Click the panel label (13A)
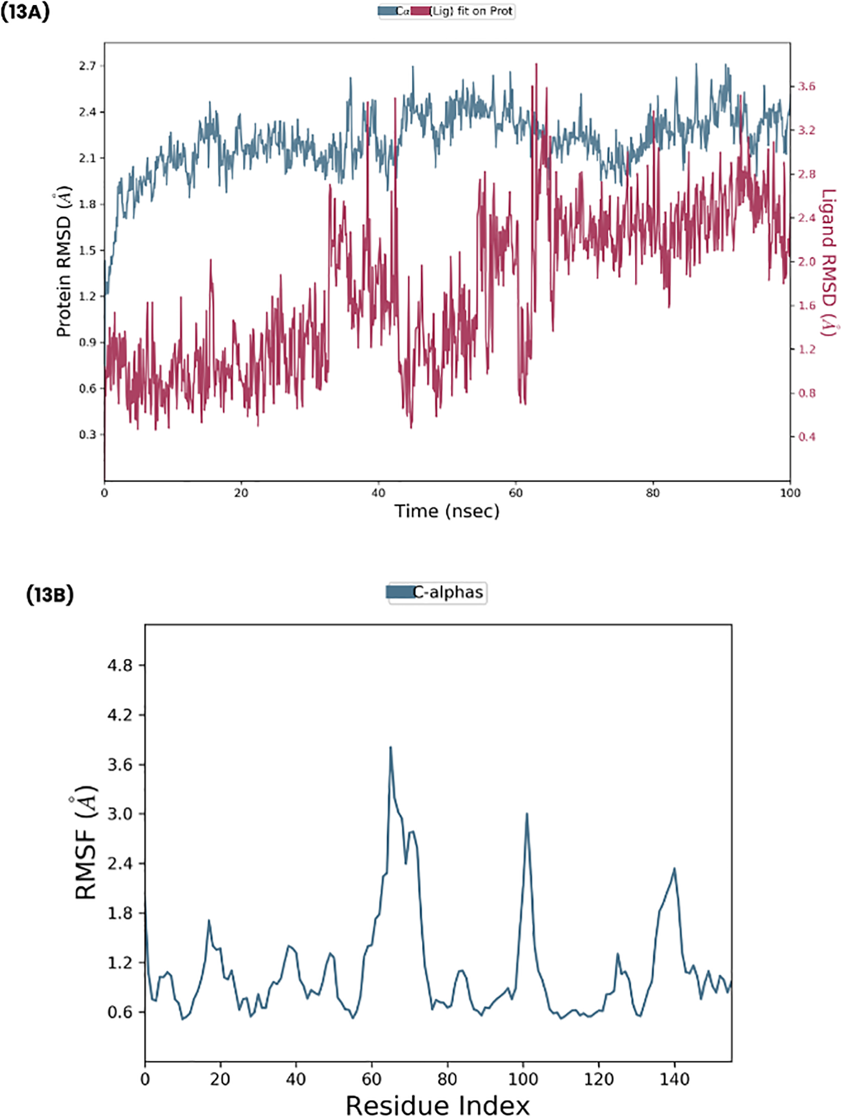click(25, 12)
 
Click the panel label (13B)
click(50, 595)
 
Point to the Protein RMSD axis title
click(64, 261)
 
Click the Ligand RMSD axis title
click(828, 263)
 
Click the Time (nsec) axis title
click(447, 512)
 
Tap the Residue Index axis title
click(438, 1105)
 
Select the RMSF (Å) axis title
click(85, 842)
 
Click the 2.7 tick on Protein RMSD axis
click(88, 66)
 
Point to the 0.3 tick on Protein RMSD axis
click(88, 435)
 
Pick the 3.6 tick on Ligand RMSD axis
click(806, 86)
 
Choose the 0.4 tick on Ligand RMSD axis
click(806, 437)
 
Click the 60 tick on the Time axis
click(516, 493)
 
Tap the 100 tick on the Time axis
click(790, 493)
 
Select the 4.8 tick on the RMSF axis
click(120, 666)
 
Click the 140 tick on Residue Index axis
click(674, 1080)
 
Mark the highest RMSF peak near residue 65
click(390, 747)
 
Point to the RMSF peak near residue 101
click(527, 814)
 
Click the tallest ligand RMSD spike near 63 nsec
click(536, 64)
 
